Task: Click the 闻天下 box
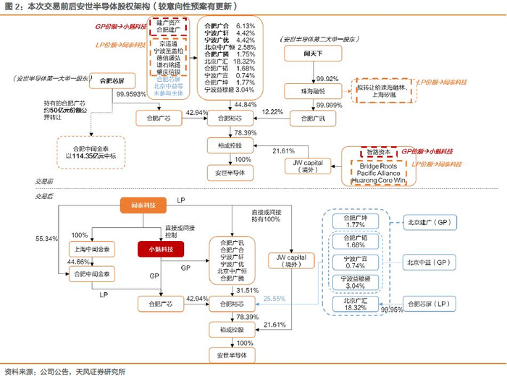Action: [x=313, y=54]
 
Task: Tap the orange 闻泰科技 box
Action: [x=140, y=207]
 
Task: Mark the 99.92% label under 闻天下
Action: [x=327, y=79]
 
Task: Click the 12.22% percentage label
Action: [x=272, y=112]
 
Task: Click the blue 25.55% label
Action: [x=274, y=298]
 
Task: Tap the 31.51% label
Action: [x=245, y=290]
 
